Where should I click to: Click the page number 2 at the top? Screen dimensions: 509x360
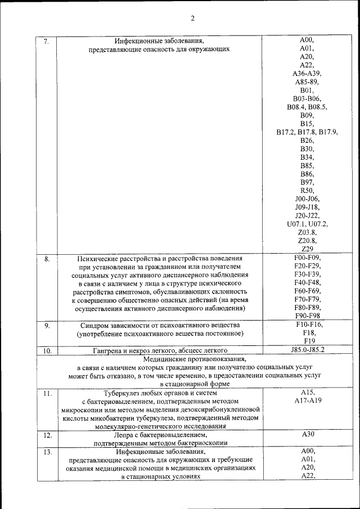pyautogui.click(x=192, y=18)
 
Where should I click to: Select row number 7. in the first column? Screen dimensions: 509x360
pyautogui.click(x=47, y=41)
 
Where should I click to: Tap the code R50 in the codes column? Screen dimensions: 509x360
pyautogui.click(x=307, y=190)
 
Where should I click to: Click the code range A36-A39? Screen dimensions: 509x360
pyautogui.click(x=307, y=74)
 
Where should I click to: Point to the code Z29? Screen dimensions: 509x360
pyautogui.click(x=307, y=249)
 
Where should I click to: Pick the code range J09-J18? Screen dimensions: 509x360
pyautogui.click(x=307, y=207)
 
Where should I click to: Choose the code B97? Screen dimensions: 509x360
pyautogui.click(x=307, y=182)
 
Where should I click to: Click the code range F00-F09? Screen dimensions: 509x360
pyautogui.click(x=307, y=258)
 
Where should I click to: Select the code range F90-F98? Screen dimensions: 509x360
pyautogui.click(x=307, y=317)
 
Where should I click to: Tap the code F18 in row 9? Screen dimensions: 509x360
pyautogui.click(x=307, y=333)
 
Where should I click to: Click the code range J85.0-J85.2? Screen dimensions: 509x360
pyautogui.click(x=307, y=350)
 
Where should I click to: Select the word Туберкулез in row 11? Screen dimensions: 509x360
pyautogui.click(x=122, y=393)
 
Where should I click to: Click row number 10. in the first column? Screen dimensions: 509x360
pyautogui.click(x=48, y=352)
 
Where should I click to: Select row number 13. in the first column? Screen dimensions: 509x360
pyautogui.click(x=48, y=452)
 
